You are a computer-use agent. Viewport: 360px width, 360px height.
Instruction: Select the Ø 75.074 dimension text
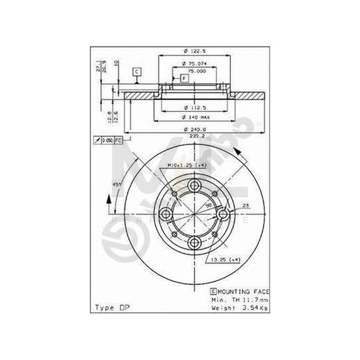195,66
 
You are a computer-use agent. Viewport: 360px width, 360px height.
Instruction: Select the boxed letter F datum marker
183,78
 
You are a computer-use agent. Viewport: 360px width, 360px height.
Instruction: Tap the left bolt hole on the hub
166,215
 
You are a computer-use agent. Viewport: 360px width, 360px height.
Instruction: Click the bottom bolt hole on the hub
195,243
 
